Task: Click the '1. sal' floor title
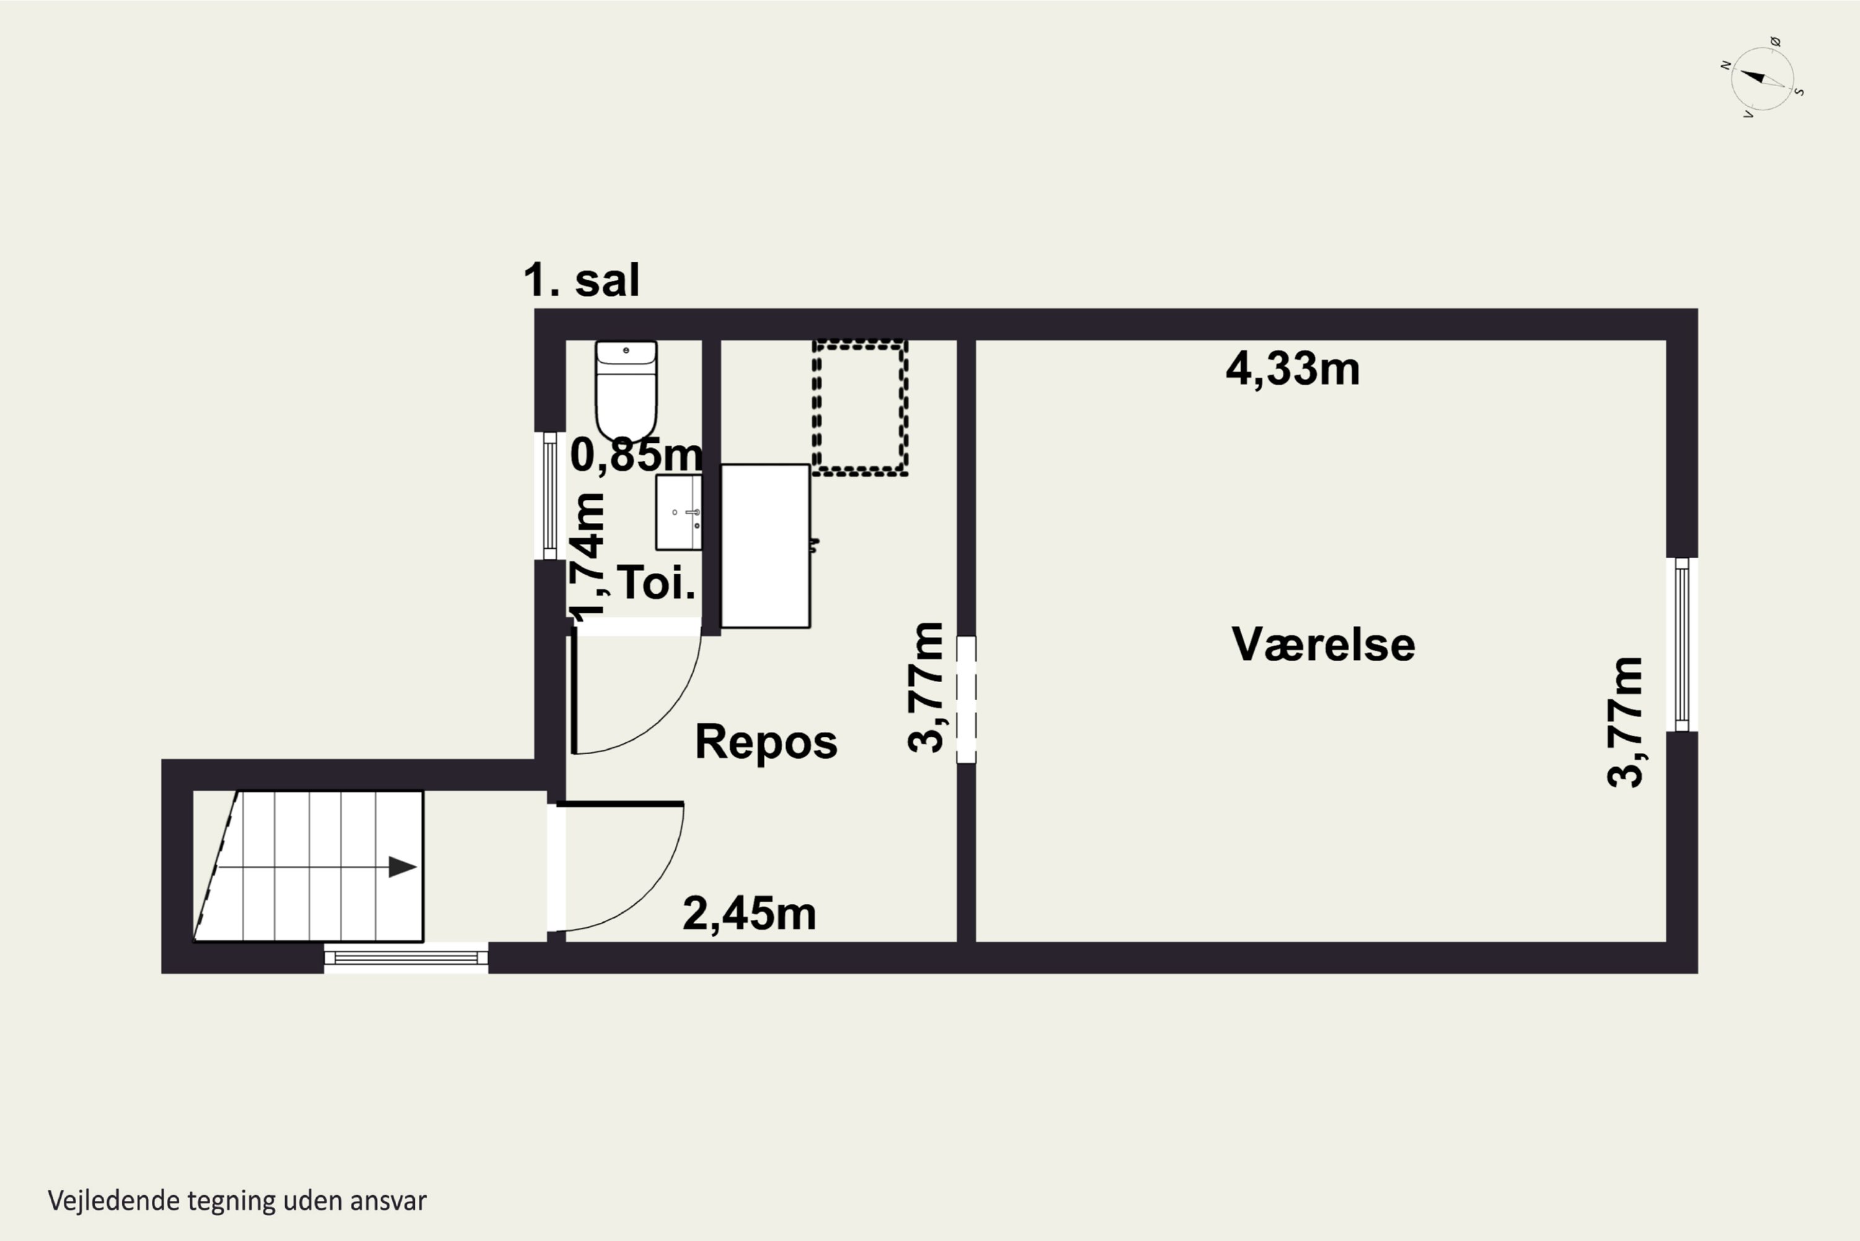point(582,280)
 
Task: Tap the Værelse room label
point(1324,644)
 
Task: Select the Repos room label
point(766,742)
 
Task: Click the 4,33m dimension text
point(1293,369)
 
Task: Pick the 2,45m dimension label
point(749,914)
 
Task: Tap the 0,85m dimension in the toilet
point(636,455)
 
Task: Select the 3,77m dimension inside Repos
point(926,687)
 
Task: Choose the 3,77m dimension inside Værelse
point(1625,722)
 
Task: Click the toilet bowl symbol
point(626,391)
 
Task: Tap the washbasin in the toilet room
point(679,512)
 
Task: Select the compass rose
point(1762,78)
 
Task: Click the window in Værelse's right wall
point(1682,644)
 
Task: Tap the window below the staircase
point(406,958)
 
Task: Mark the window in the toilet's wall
point(550,496)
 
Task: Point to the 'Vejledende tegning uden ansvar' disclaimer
point(237,1201)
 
